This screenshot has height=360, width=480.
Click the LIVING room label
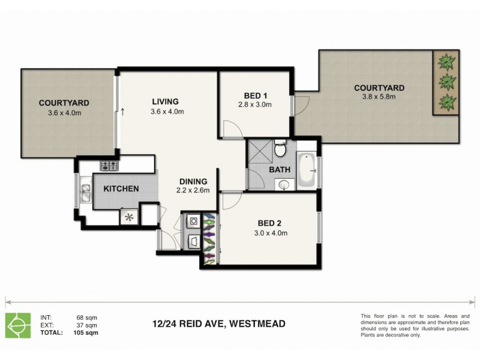coord(165,101)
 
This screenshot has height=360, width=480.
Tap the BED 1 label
coord(255,95)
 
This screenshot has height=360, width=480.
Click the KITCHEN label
coord(121,189)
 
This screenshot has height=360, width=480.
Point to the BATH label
coord(280,170)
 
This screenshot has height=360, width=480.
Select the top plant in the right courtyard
coord(446,61)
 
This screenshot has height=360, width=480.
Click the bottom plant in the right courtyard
coord(446,100)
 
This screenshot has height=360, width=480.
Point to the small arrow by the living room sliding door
coord(123,112)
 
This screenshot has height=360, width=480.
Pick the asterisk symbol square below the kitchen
coord(128,217)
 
